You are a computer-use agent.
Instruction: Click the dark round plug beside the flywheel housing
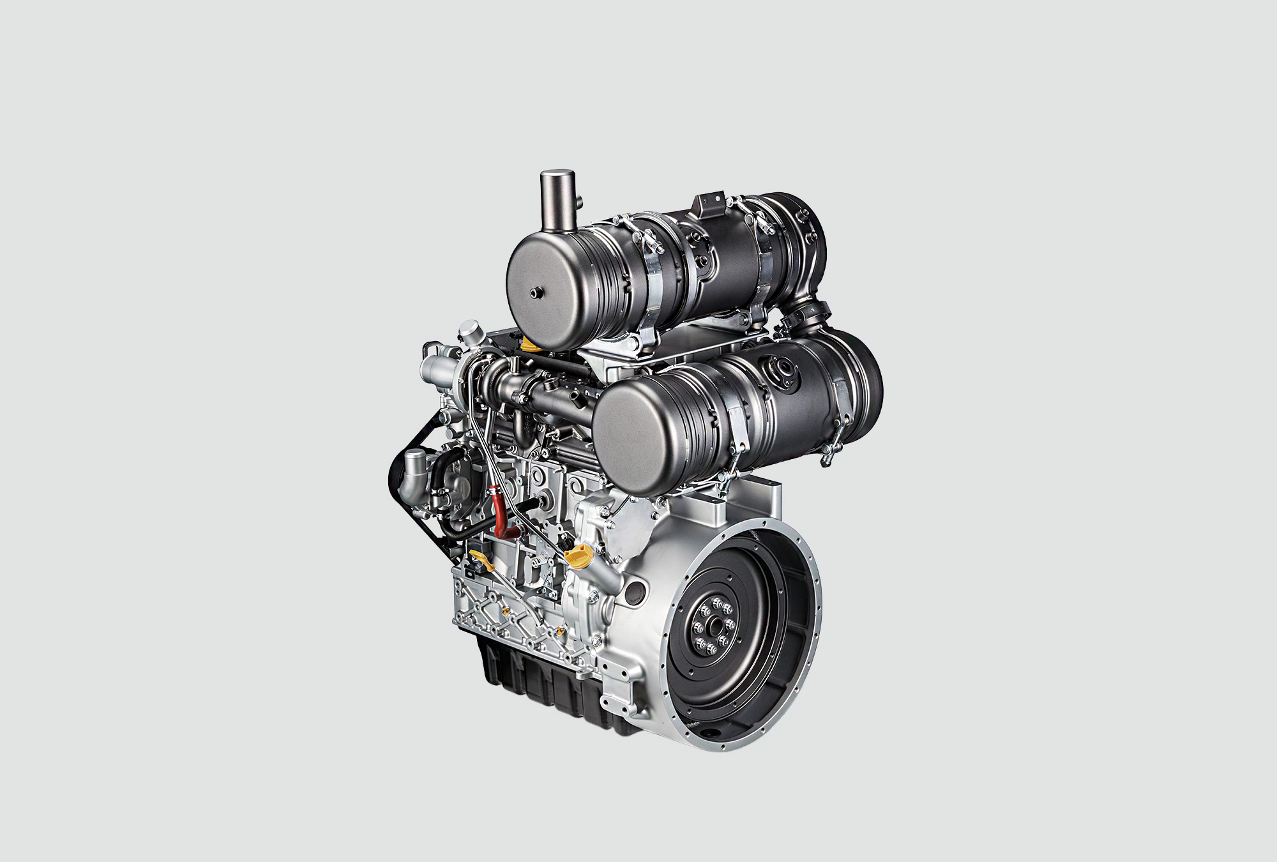tap(635, 594)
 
